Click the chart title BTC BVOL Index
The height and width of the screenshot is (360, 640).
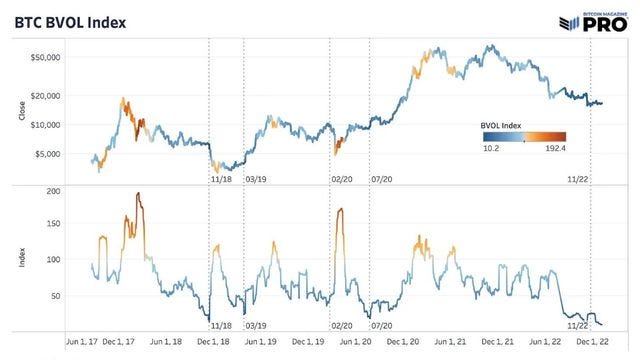(x=69, y=21)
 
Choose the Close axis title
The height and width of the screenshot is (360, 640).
(x=22, y=111)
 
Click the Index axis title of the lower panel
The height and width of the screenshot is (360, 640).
(x=22, y=259)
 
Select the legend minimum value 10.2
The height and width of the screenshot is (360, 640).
(x=491, y=147)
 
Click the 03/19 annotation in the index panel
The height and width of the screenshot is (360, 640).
(x=255, y=326)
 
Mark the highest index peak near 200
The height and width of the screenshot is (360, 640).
(x=138, y=194)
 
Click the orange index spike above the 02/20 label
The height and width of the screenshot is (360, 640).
(x=341, y=210)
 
